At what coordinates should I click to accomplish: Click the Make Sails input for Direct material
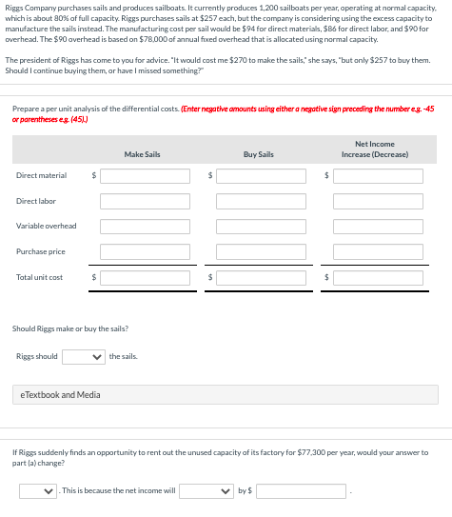(x=145, y=176)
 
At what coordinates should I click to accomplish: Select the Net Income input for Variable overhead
(x=378, y=227)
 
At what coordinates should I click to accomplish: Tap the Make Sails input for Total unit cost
(x=145, y=277)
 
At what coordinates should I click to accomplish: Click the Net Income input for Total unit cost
(x=378, y=277)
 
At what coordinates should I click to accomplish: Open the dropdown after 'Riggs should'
(x=83, y=357)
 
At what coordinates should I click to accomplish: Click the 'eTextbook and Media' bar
(x=226, y=394)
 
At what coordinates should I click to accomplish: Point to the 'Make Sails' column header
(x=141, y=154)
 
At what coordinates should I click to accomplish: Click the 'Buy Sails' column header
(x=258, y=154)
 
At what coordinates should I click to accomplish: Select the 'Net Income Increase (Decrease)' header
(x=374, y=149)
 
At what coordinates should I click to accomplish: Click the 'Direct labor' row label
(x=36, y=201)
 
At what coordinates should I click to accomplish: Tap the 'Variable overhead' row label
(x=47, y=227)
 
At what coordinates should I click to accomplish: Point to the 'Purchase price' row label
(x=41, y=251)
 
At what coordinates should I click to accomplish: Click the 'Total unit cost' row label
(x=40, y=277)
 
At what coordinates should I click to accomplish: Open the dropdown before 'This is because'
(x=38, y=491)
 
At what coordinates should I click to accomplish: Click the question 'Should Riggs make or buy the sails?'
(x=69, y=329)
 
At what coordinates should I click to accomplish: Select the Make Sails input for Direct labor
(x=145, y=201)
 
